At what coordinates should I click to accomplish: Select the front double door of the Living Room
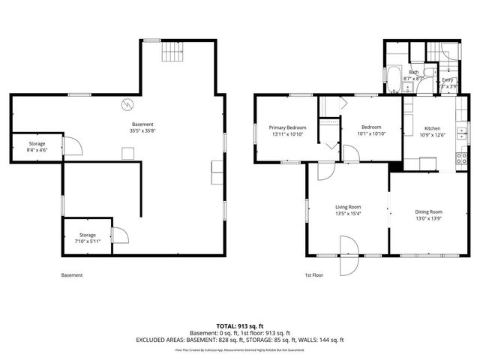(x=349, y=256)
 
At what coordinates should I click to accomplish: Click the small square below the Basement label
(x=129, y=153)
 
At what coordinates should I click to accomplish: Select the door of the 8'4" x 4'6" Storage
(x=71, y=145)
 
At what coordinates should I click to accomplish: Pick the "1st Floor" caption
(x=313, y=275)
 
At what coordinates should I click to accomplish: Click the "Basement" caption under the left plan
(x=72, y=275)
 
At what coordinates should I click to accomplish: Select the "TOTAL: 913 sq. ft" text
(x=239, y=325)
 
